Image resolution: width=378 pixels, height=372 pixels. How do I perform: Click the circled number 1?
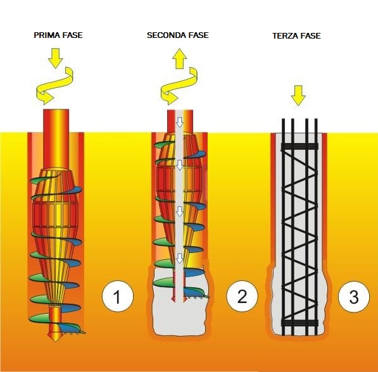pos(118,296)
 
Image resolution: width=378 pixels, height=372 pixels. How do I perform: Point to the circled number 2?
pos(242,296)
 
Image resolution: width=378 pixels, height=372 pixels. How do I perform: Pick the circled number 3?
pos(354,297)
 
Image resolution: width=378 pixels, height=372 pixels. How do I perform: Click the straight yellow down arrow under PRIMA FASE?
pos(56,58)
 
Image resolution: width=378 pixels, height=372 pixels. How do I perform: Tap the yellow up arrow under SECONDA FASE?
pos(180,59)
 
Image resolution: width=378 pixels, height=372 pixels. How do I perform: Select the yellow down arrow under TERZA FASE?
pos(298,96)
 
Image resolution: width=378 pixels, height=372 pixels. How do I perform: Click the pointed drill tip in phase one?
pos(56,337)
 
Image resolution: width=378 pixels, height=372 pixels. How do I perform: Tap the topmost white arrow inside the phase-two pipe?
pos(180,122)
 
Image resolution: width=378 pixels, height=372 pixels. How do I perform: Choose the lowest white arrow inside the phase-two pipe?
pos(180,258)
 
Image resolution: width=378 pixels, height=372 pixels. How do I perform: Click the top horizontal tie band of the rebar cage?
pos(299,147)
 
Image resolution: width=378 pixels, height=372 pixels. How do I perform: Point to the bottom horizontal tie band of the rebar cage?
pos(299,323)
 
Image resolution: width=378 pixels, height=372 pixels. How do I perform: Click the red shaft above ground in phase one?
pos(56,121)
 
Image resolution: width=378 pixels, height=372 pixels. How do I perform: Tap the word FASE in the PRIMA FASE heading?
pos(72,35)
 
